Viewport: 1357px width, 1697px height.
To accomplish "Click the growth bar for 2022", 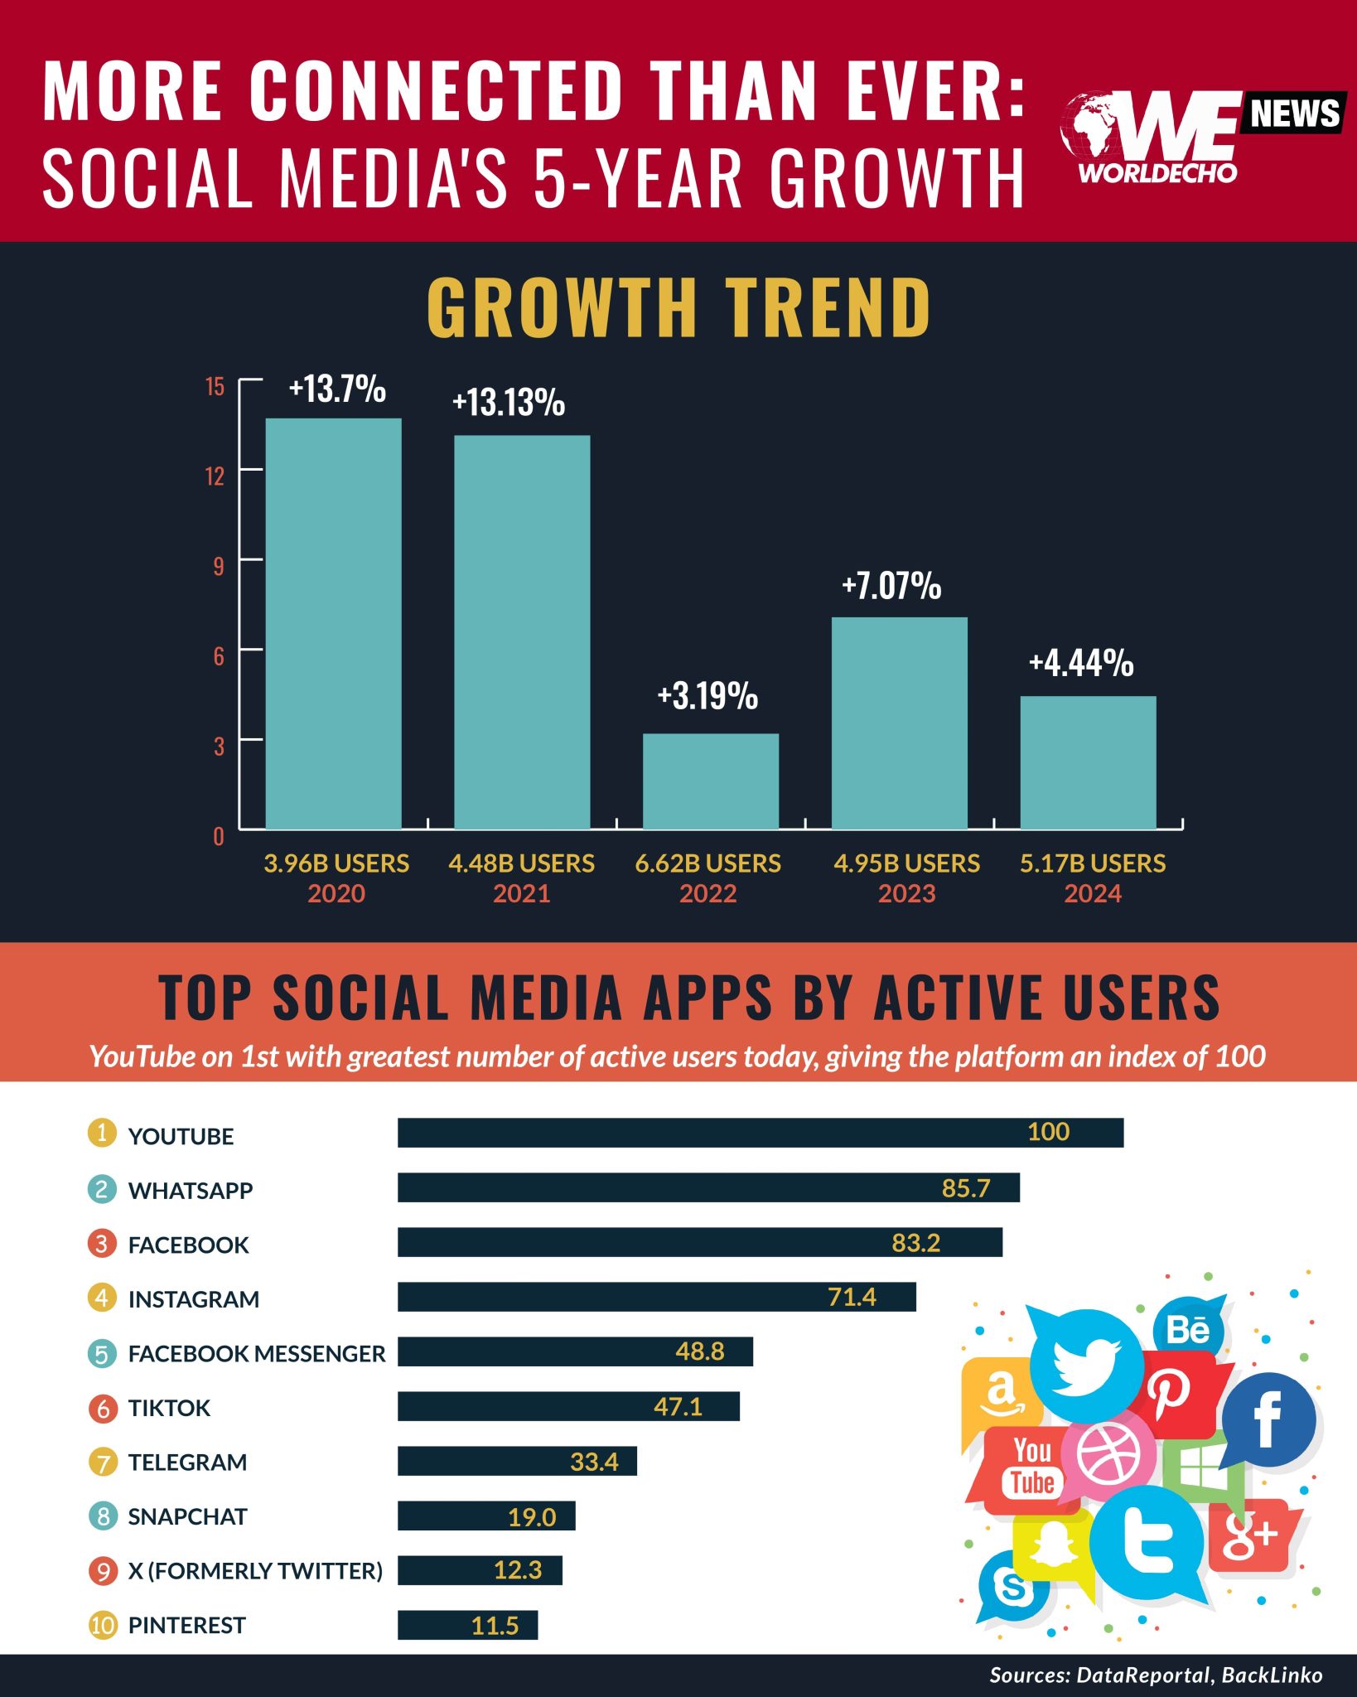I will point(710,781).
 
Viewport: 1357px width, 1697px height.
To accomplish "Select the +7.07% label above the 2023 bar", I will point(891,586).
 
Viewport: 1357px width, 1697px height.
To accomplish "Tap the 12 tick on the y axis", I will point(215,476).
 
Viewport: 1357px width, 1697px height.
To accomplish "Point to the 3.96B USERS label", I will point(336,863).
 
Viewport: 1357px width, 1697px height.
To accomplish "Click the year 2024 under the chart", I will point(1092,893).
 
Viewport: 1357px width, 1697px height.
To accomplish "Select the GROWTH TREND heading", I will point(678,307).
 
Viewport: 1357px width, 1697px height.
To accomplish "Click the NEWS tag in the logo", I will point(1294,114).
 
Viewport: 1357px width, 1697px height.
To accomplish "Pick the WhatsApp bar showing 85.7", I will point(708,1187).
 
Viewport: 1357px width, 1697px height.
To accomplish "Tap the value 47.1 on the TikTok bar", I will point(678,1406).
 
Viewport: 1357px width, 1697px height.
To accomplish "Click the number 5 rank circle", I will point(102,1354).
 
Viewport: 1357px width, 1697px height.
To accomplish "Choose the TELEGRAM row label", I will point(187,1462).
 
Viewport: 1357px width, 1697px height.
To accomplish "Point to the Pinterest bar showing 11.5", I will point(467,1625).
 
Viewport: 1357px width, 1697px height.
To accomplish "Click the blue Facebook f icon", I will point(1268,1418).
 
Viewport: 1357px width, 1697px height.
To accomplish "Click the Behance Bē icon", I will point(1188,1328).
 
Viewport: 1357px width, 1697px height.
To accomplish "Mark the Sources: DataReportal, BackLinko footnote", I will point(1156,1675).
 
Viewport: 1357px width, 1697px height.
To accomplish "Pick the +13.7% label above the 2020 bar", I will point(337,389).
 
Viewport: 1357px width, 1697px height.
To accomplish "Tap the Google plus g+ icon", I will point(1250,1536).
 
